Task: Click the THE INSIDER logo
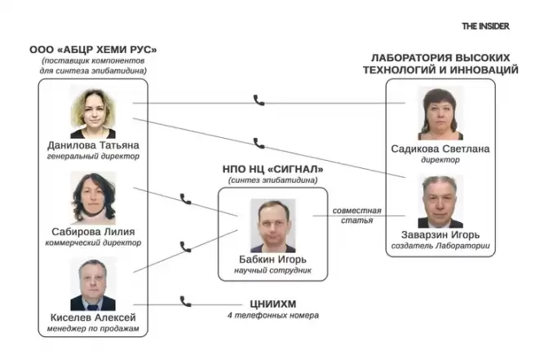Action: (x=485, y=26)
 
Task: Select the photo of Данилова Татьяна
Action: (x=93, y=113)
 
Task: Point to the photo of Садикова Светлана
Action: (x=440, y=114)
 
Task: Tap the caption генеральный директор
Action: (x=93, y=157)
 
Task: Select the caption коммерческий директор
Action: (x=93, y=242)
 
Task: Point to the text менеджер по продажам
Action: (x=93, y=328)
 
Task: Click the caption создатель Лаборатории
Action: (x=440, y=246)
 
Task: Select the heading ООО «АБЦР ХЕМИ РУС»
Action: (x=93, y=51)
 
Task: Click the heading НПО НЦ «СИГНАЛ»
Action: (x=273, y=169)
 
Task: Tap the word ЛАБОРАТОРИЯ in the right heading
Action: (x=407, y=59)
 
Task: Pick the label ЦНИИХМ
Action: (x=272, y=302)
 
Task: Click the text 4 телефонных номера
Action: (x=272, y=314)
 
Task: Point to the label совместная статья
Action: (x=356, y=216)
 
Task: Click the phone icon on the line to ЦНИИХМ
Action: (x=185, y=300)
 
